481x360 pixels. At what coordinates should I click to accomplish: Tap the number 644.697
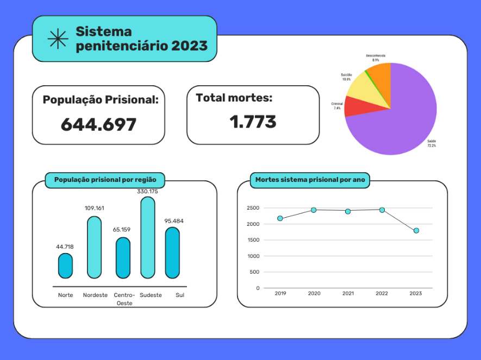coord(98,124)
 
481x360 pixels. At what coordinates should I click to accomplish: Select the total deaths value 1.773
coord(253,122)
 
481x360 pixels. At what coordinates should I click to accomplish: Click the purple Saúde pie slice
coord(402,117)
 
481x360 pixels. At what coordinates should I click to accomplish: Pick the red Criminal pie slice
coord(353,106)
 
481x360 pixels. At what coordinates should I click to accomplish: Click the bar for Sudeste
coord(148,238)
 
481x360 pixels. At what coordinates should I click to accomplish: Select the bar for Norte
coord(65,266)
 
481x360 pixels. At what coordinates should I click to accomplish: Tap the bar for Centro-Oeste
coord(123,258)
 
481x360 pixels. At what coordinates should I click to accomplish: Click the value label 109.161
coord(94,208)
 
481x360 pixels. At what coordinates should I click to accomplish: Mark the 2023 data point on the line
coord(416,231)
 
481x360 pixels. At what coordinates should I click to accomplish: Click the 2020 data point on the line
coord(314,210)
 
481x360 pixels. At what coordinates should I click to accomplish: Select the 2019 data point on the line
coord(280,218)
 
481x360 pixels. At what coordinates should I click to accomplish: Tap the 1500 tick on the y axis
coord(253,240)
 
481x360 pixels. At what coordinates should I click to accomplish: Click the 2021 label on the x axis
coord(348,293)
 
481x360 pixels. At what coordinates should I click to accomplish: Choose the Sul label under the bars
coord(180,295)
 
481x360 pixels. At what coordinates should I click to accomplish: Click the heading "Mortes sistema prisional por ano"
coord(310,179)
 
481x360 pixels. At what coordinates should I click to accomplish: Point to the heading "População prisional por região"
coord(105,179)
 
